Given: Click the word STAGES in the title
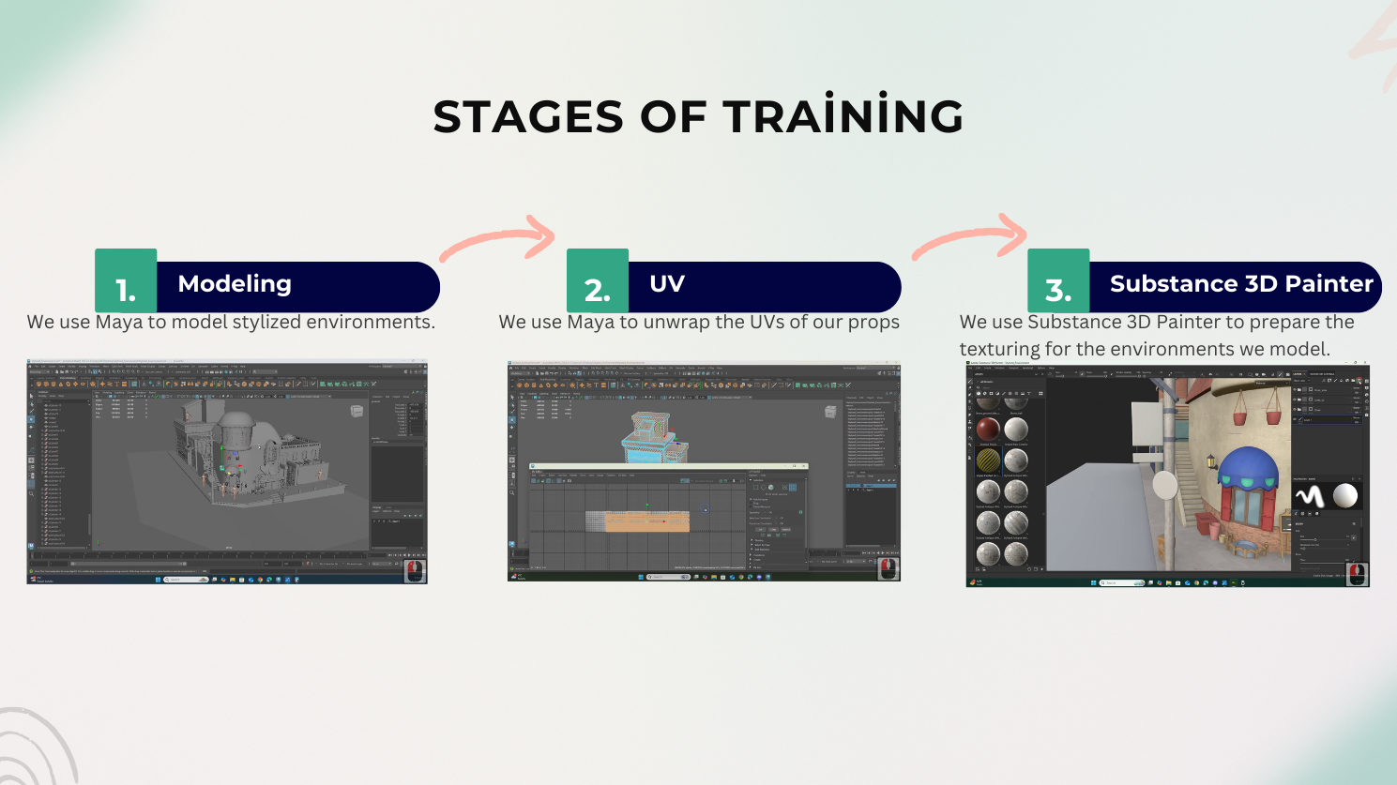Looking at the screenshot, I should point(527,117).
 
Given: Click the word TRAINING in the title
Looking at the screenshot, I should point(843,117).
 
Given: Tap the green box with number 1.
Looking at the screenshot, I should point(126,281).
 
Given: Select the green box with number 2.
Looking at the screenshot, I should point(598,281).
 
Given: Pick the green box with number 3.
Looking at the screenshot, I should point(1058,281).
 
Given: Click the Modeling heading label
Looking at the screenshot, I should point(235,284).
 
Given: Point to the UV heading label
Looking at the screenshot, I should point(667,284).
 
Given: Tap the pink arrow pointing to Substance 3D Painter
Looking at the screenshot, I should point(972,238).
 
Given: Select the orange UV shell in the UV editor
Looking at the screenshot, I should point(647,521).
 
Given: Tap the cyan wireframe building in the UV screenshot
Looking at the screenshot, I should point(653,436).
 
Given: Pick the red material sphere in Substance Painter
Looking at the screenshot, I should point(988,430).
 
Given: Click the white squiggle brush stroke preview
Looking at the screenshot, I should point(1310,496).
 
